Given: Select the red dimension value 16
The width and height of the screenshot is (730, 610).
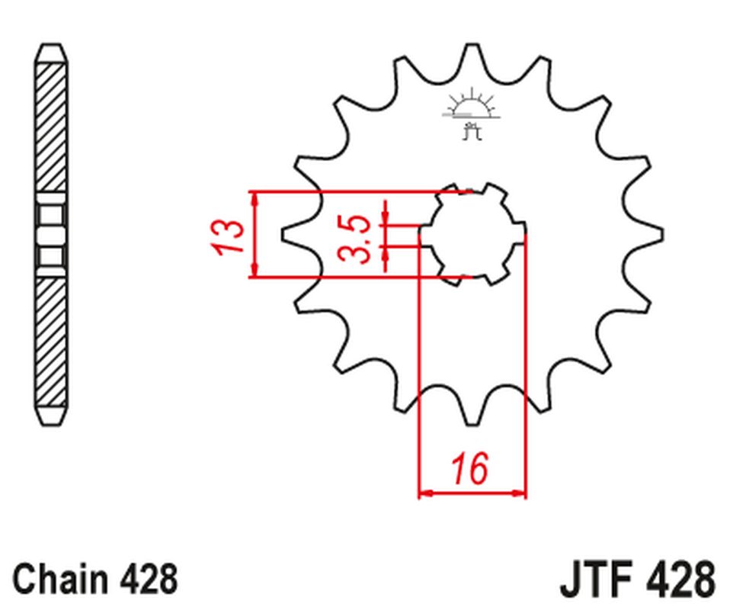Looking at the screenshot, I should [471, 468].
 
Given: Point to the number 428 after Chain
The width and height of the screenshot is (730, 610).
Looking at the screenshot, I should [149, 579].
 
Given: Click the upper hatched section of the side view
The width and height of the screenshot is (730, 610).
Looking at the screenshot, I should [51, 126].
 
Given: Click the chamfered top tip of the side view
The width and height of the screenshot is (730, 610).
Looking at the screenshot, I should [51, 52].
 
